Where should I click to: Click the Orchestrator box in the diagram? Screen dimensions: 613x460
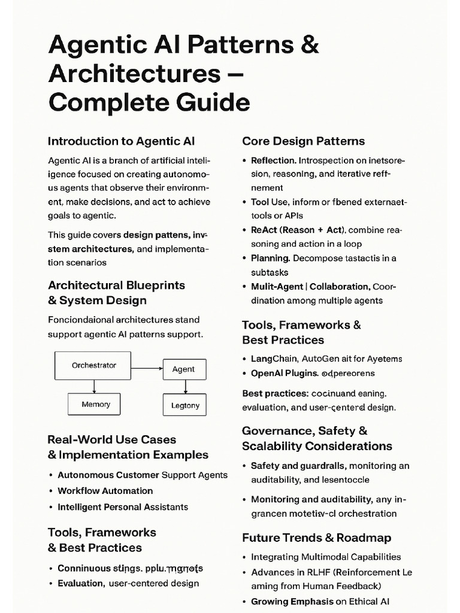(93, 365)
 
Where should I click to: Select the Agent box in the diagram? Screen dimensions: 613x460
(184, 369)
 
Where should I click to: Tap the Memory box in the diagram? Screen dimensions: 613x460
(94, 405)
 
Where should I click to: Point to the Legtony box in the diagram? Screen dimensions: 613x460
(184, 405)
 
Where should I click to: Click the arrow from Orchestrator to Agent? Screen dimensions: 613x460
(147, 368)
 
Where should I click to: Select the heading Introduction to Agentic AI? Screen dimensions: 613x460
(121, 141)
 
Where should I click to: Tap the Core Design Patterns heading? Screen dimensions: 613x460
(303, 141)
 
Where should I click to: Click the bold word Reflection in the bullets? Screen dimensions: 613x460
(273, 160)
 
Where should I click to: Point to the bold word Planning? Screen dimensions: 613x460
(270, 258)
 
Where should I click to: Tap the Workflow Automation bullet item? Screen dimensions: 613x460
(105, 491)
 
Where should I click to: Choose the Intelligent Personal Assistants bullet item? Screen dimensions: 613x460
(123, 507)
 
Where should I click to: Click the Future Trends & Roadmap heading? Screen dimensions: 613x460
(316, 538)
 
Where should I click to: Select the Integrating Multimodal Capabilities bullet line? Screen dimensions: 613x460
(326, 557)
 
